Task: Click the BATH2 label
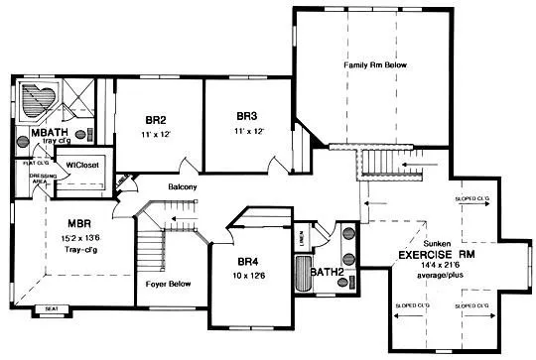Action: coord(327,270)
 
